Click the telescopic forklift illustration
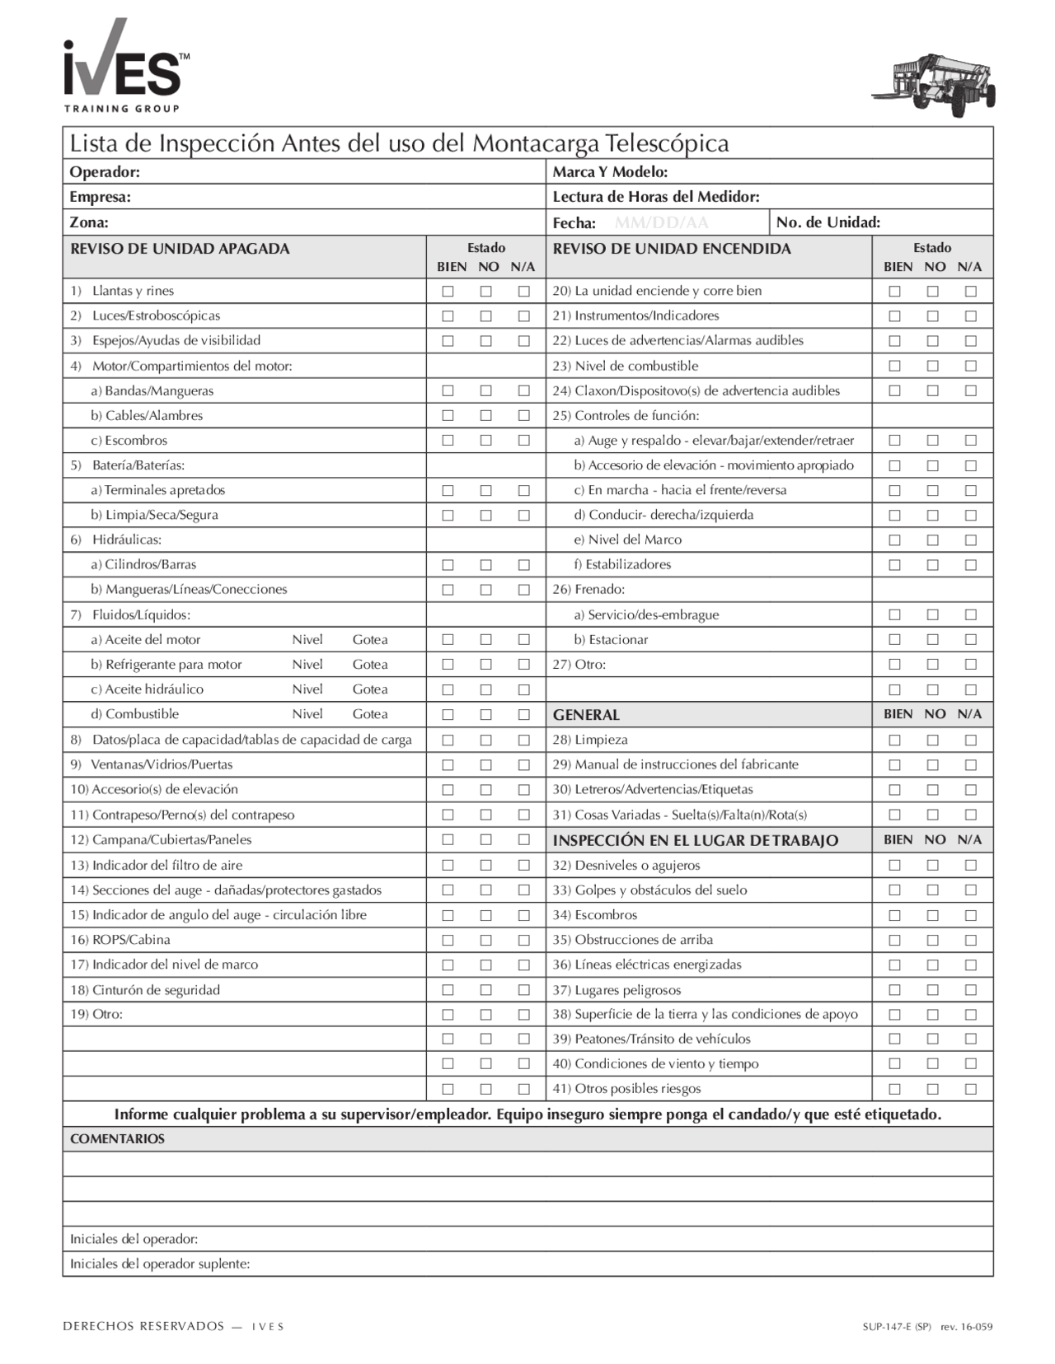935,85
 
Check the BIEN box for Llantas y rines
448,292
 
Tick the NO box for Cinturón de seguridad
485,990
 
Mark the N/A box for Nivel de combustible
970,366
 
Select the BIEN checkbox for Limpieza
894,740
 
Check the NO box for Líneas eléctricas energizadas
932,965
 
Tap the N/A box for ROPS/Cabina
523,941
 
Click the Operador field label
105,172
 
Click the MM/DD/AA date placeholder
661,222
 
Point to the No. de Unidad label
828,222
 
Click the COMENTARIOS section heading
117,1139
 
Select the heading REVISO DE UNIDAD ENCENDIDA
671,249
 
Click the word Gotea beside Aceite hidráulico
370,689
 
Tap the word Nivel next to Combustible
307,714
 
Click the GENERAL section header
586,715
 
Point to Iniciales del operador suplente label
160,1264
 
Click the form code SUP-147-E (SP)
897,1327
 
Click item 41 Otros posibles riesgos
626,1089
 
